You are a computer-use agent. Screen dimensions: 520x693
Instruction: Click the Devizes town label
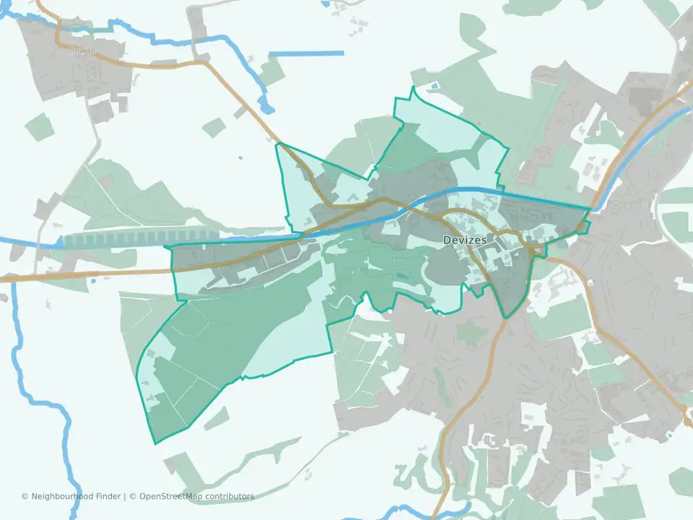(465, 240)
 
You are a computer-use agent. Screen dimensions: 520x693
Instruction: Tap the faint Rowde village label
(77, 51)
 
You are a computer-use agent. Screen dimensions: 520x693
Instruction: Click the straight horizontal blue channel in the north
(306, 53)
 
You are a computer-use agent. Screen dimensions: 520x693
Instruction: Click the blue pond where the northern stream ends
(267, 108)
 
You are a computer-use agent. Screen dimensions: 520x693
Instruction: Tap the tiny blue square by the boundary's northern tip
(434, 88)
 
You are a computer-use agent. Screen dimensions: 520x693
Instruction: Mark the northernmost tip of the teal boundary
(413, 87)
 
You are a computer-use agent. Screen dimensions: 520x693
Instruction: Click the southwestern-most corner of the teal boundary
(154, 443)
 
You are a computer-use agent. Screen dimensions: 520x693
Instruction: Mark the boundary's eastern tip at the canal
(590, 210)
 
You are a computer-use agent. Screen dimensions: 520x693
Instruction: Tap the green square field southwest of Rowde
(40, 127)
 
